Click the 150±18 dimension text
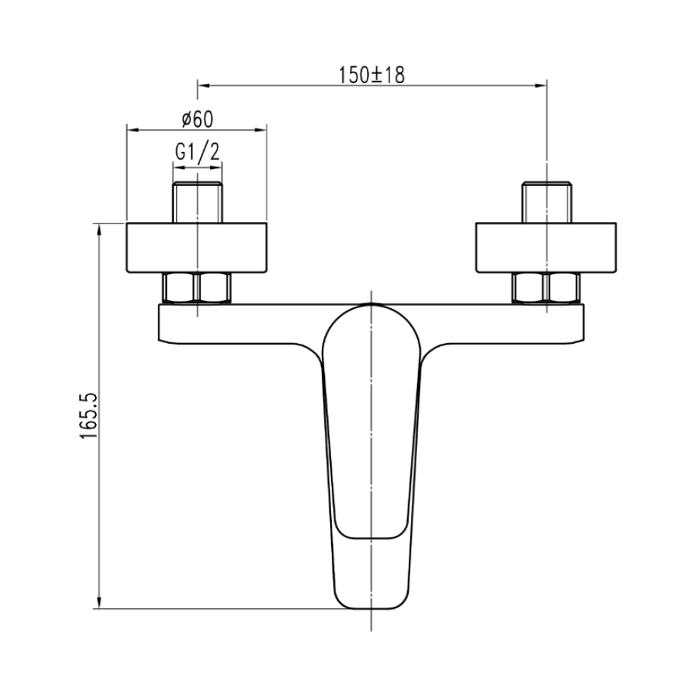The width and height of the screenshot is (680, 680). click(x=371, y=75)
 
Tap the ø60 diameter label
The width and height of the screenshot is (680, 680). click(x=198, y=119)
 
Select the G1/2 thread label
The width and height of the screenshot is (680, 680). click(x=197, y=152)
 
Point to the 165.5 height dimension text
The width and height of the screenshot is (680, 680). click(x=88, y=416)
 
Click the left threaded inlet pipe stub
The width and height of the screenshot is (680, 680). click(x=197, y=202)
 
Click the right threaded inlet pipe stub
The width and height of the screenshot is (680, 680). click(x=546, y=202)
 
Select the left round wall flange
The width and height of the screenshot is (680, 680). click(x=196, y=248)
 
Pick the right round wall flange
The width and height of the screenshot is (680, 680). click(x=546, y=248)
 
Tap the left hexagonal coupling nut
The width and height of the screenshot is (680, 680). click(x=197, y=288)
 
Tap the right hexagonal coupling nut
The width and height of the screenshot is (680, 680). click(x=546, y=288)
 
